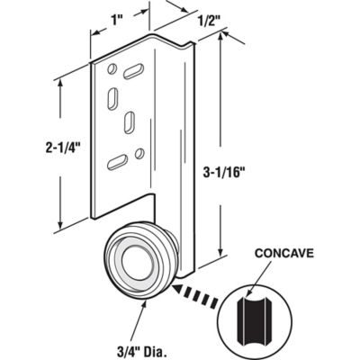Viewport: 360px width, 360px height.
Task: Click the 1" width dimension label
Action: tap(118, 13)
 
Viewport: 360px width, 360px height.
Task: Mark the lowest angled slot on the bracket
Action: tap(116, 162)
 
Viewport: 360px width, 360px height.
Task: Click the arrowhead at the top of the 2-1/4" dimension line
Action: tap(60, 82)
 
